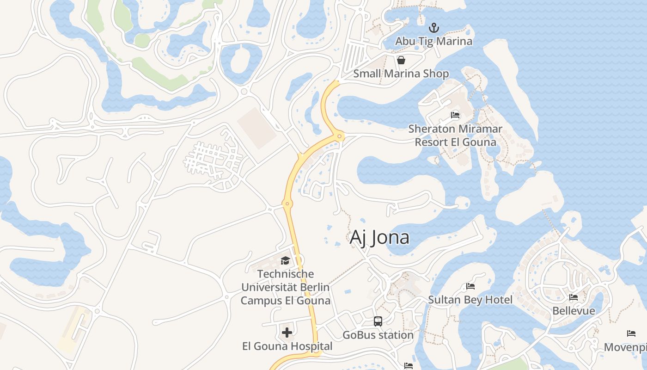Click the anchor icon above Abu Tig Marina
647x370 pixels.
coord(433,27)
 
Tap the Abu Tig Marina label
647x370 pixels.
coord(433,41)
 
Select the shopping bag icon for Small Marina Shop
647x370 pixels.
coord(401,60)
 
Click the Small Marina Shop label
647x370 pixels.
coord(401,74)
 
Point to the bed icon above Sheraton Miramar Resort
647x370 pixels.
coord(455,115)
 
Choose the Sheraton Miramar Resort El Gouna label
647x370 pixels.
coord(455,135)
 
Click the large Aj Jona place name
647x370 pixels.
coord(379,237)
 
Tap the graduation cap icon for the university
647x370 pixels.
coord(285,260)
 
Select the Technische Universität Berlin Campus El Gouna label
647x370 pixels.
coord(286,287)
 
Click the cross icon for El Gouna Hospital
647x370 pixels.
coord(287,332)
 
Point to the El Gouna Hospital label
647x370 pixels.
coord(287,346)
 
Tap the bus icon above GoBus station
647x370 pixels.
coord(378,321)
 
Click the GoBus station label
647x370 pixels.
coord(378,334)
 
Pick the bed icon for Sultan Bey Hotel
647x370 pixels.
coord(470,286)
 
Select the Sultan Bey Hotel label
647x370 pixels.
coord(470,300)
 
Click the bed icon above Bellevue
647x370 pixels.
coord(574,297)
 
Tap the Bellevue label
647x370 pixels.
coord(574,310)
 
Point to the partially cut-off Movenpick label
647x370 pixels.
coord(625,347)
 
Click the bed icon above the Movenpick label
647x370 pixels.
coord(631,333)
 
